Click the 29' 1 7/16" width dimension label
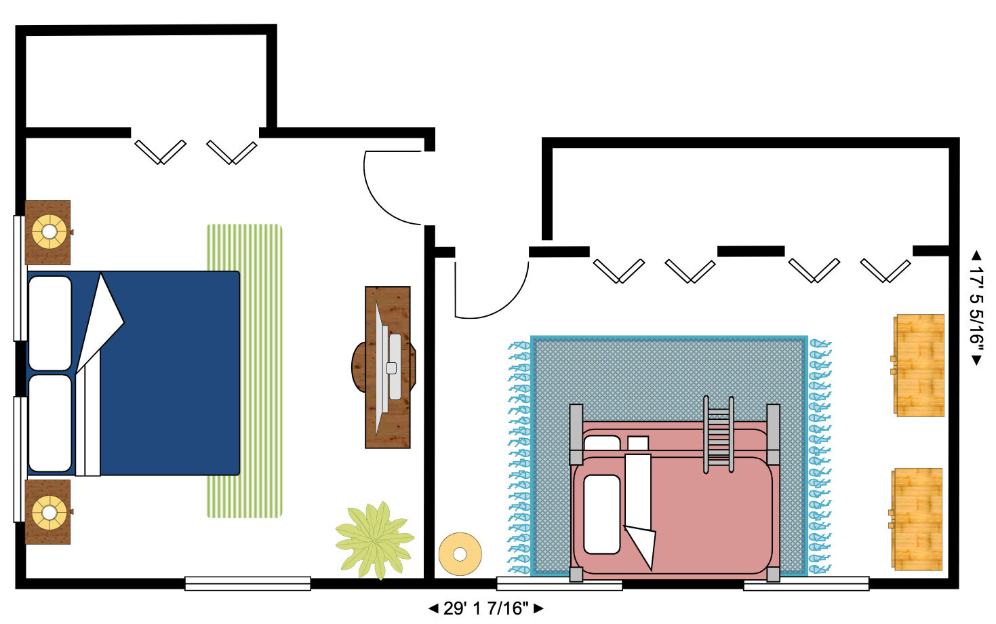[x=485, y=608]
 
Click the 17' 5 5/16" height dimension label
[x=976, y=307]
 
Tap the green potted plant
[x=375, y=540]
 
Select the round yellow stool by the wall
[x=460, y=553]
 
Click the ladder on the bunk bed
[x=718, y=434]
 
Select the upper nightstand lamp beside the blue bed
[x=49, y=232]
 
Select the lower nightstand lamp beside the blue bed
[x=49, y=512]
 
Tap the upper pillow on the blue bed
[x=50, y=323]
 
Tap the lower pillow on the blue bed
[x=50, y=423]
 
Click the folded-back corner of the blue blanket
[x=102, y=319]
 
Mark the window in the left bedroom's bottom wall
[x=247, y=583]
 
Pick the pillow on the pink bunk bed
[x=601, y=513]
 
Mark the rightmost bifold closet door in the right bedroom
[x=885, y=270]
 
